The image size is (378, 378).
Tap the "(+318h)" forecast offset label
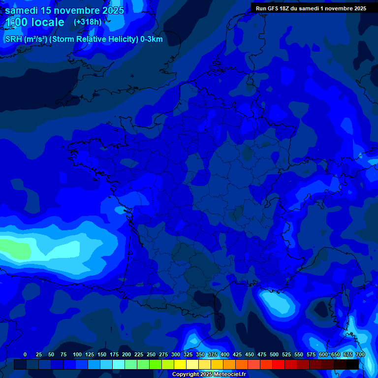click(88, 22)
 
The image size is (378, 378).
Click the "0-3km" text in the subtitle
click(151, 39)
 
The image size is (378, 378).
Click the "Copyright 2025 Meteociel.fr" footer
click(209, 375)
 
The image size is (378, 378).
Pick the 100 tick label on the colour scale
click(77, 354)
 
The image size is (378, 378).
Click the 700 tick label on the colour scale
click(360, 354)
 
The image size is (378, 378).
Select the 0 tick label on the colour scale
click(25, 354)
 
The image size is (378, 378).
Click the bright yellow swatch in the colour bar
click(180, 364)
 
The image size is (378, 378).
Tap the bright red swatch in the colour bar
click(279, 364)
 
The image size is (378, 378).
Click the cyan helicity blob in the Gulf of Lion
click(276, 301)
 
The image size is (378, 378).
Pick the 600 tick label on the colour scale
click(323, 354)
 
